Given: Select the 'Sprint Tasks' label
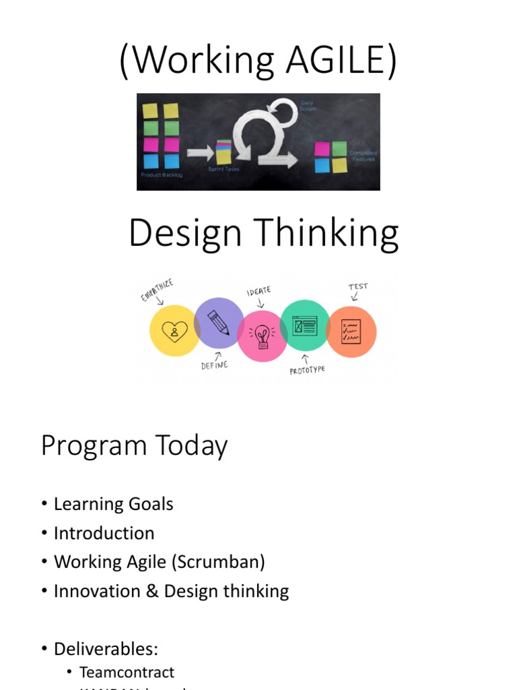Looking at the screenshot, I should click(223, 169).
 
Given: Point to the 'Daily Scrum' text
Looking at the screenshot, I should click(308, 106).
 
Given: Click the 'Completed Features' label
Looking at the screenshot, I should click(363, 156).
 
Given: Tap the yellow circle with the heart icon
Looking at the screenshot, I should click(174, 331).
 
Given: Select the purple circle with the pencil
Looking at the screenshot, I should click(219, 323).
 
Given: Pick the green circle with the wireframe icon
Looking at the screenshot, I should click(304, 325).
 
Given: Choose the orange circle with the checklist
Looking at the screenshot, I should click(351, 332).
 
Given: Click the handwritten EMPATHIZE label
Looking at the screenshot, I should click(156, 291).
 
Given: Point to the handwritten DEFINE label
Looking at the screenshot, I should click(214, 365).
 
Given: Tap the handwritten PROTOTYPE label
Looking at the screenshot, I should click(307, 369).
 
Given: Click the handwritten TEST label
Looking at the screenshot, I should click(357, 286).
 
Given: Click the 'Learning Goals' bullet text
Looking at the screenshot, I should click(113, 504).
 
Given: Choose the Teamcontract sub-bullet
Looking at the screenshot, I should click(127, 672).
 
